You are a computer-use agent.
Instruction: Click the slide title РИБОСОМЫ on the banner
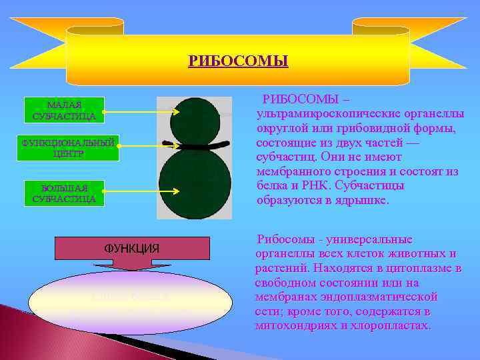click(x=238, y=61)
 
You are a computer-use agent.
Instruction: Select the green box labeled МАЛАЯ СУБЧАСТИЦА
click(x=64, y=111)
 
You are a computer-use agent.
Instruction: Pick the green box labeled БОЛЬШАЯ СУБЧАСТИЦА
click(x=64, y=193)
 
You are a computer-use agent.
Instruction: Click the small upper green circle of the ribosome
click(x=195, y=120)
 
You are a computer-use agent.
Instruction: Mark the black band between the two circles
click(x=195, y=145)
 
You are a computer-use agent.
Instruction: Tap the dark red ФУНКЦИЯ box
click(x=132, y=249)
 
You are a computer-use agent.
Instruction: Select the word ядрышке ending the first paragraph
click(x=365, y=201)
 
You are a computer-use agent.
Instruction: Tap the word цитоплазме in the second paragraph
click(x=419, y=268)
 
